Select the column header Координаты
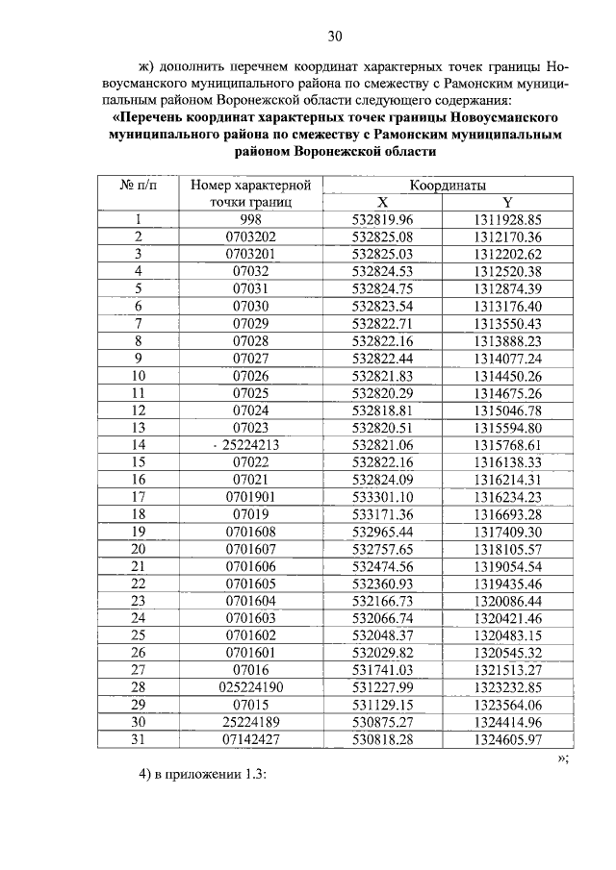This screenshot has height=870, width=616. pos(448,185)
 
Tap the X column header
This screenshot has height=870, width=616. pos(382,202)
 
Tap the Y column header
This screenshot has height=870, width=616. pos(508,202)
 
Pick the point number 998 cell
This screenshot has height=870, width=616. pos(250,219)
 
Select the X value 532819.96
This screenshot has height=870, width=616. pos(382,219)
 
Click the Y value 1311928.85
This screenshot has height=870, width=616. pos(508,219)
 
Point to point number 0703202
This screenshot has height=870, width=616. pos(250,236)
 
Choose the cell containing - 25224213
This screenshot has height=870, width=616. pos(249,445)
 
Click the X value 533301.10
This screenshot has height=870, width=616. pos(382,497)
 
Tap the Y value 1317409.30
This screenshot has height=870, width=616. pos(508,532)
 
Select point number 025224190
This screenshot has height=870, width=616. pos(250,687)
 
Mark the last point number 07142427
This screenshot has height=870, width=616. pos(250,739)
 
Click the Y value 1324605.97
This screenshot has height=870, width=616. pos(508,739)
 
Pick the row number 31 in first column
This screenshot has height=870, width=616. pos(138,739)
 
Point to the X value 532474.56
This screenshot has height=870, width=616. pos(382,566)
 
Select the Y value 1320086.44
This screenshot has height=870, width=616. pos(508,601)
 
